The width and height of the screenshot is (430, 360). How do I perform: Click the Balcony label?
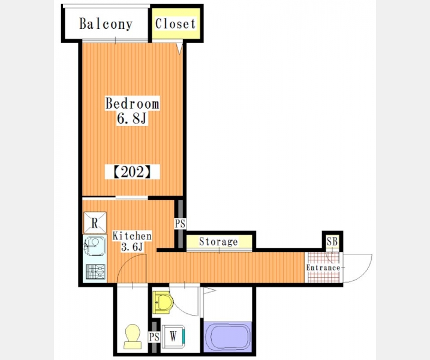tap(106, 24)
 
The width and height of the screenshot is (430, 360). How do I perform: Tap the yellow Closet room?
tap(176, 23)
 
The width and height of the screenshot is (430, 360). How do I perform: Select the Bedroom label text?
tap(132, 103)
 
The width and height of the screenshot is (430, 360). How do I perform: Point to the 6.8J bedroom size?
tap(132, 119)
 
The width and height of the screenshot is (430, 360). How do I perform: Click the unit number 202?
tap(132, 172)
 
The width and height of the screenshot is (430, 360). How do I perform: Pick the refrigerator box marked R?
tap(95, 223)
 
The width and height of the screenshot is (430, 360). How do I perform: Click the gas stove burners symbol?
tap(95, 272)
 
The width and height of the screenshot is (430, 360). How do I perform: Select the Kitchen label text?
tap(132, 236)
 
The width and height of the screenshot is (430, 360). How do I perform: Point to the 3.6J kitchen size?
tap(132, 247)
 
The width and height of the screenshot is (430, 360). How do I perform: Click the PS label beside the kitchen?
tap(180, 223)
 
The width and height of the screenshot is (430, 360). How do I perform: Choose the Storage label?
tap(218, 241)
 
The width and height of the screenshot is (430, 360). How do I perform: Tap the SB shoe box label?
tap(332, 241)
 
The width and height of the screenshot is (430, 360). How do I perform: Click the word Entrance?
tap(323, 268)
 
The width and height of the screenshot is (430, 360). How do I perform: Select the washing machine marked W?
tap(173, 336)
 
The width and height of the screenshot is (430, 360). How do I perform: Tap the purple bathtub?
tap(228, 337)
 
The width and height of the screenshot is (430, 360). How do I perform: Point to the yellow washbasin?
tap(163, 303)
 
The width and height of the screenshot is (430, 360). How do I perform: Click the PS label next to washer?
tap(154, 337)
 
